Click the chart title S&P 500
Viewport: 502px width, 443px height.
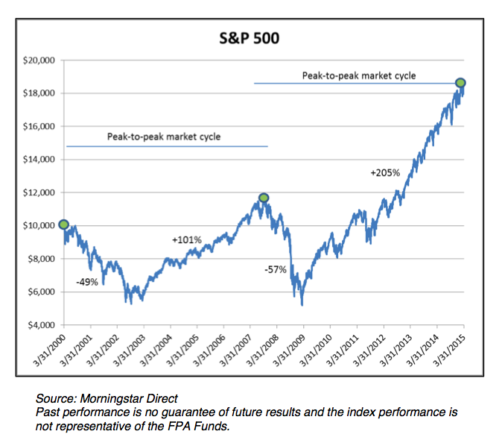pyautogui.click(x=250, y=37)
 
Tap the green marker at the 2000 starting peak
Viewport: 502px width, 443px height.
pyautogui.click(x=64, y=224)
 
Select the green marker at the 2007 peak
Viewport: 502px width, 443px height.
pyautogui.click(x=264, y=198)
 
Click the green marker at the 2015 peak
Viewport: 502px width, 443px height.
pyautogui.click(x=461, y=83)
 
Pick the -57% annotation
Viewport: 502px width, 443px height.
pyautogui.click(x=276, y=268)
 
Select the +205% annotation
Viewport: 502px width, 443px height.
pyautogui.click(x=385, y=172)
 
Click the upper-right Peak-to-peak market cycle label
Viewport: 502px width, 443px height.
pyautogui.click(x=358, y=75)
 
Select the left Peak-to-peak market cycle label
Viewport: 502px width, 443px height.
pyautogui.click(x=164, y=137)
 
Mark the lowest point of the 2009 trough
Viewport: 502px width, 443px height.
pyautogui.click(x=302, y=305)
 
